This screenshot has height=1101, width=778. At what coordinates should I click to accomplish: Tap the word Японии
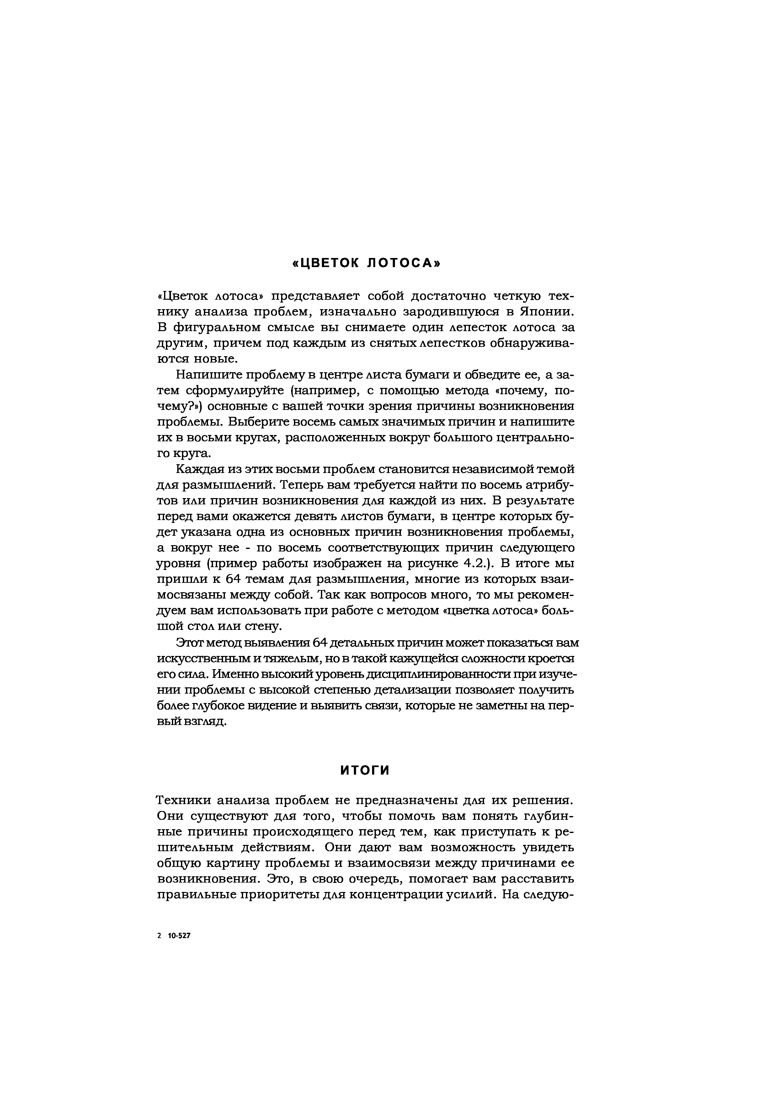point(546,312)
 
